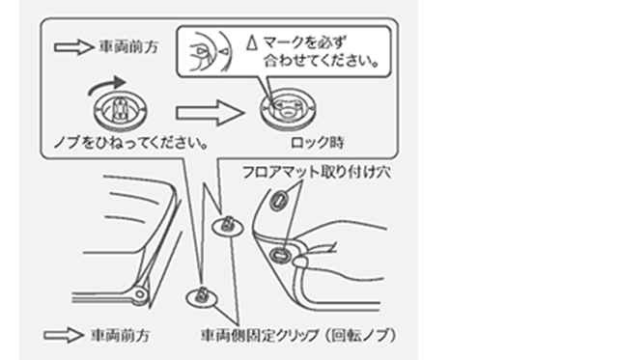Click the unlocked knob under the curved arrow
(121, 111)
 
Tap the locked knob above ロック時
(288, 109)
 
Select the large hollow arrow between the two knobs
(211, 113)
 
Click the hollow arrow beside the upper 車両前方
(73, 47)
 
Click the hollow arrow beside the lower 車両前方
(64, 335)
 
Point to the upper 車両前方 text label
(128, 47)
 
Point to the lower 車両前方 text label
(121, 336)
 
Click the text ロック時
(318, 143)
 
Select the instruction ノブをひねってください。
(131, 143)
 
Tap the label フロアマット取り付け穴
(317, 172)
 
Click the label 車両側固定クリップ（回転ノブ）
(298, 336)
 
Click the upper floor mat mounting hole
(279, 200)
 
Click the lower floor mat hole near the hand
(281, 255)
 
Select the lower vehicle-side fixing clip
(202, 297)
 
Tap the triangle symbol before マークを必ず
(251, 42)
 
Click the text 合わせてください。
(322, 61)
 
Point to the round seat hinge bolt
(139, 293)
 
